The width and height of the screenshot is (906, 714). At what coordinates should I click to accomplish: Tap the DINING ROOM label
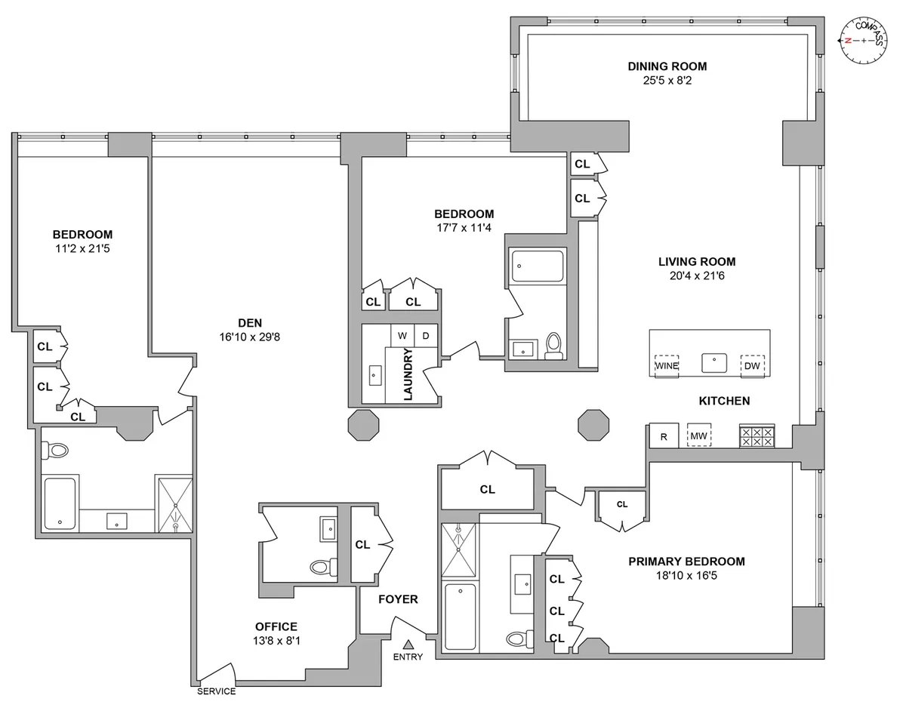(x=667, y=66)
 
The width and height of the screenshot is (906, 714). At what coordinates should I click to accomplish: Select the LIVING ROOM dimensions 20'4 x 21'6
(x=696, y=275)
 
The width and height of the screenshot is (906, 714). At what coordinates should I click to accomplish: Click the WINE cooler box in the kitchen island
(x=666, y=365)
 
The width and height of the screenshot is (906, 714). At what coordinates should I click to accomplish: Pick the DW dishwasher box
(x=752, y=365)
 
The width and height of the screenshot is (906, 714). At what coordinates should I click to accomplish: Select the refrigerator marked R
(x=664, y=436)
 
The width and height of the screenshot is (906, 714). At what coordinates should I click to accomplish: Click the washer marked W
(x=402, y=335)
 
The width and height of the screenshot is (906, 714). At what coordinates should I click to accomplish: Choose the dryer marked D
(x=425, y=335)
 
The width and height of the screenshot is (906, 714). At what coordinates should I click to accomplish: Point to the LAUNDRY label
(x=408, y=374)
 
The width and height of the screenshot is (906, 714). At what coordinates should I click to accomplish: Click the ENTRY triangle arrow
(x=408, y=644)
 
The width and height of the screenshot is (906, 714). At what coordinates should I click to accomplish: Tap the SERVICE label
(x=216, y=691)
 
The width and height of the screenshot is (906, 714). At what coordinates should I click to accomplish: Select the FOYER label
(x=399, y=599)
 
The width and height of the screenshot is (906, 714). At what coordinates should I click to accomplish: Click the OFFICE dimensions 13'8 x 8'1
(x=276, y=641)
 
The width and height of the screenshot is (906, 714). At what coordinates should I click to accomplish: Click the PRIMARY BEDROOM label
(x=686, y=562)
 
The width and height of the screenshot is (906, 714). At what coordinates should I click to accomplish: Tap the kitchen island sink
(x=713, y=363)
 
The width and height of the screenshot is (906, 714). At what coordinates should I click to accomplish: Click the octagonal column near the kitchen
(x=593, y=425)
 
